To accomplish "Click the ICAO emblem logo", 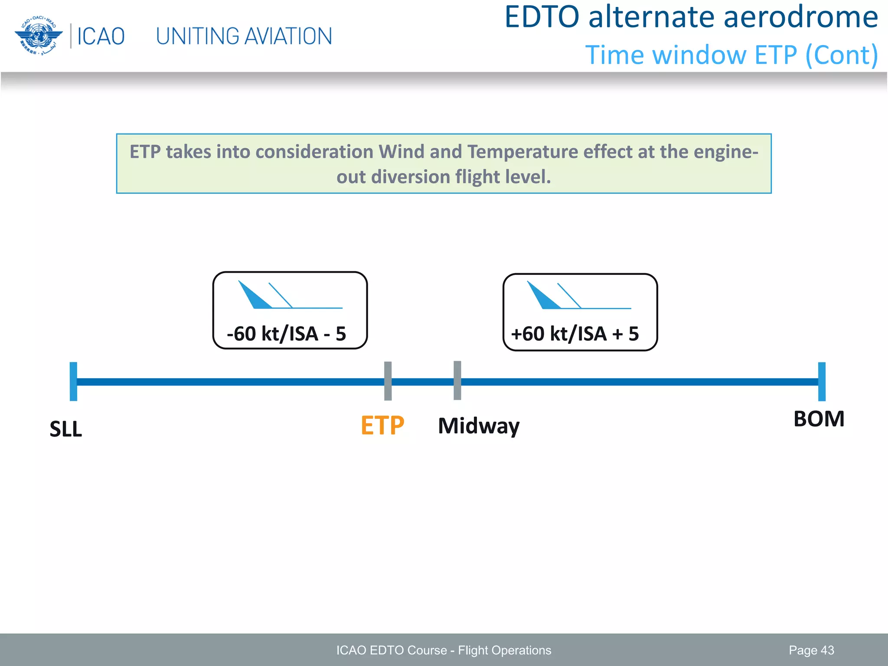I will (38, 36).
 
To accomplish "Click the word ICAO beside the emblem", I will (101, 36).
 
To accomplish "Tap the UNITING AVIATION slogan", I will (244, 36).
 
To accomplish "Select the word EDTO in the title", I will (542, 17).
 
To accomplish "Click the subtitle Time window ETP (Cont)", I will (731, 55).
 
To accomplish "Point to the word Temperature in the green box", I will (522, 152).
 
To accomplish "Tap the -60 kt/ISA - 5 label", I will (287, 334).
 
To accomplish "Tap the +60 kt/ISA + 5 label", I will (575, 334).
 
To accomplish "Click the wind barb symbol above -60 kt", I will (286, 296).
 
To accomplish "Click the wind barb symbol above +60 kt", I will (575, 296).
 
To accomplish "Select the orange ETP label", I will (382, 426).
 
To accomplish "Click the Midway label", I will (479, 426).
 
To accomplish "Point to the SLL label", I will (66, 429).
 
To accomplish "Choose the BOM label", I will (819, 419).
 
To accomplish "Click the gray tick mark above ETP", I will (388, 381).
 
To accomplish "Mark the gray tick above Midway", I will (457, 380).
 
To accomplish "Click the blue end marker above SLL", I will (74, 382).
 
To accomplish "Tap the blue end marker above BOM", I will (822, 382).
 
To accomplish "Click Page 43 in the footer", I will (811, 650).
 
